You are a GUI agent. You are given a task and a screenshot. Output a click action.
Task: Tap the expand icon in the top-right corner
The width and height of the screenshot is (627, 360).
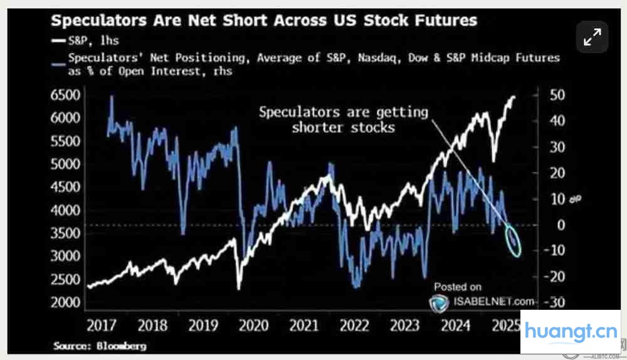pyautogui.click(x=591, y=38)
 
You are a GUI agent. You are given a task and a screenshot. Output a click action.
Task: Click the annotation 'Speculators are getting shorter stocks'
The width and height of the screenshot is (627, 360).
pyautogui.click(x=343, y=119)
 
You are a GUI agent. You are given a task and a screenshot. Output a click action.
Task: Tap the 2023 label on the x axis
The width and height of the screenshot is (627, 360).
pyautogui.click(x=404, y=326)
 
